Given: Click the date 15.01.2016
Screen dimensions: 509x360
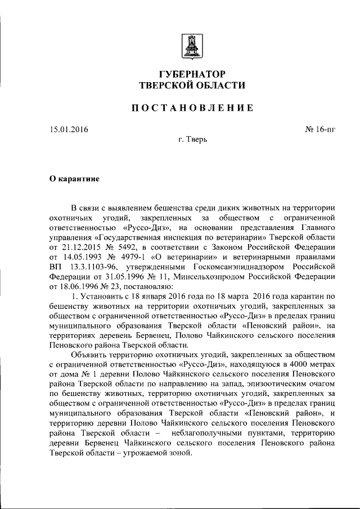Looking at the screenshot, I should click(x=69, y=129).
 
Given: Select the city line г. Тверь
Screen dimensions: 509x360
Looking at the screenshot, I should click(x=192, y=139).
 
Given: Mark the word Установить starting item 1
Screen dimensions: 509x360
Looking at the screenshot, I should click(x=106, y=295).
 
